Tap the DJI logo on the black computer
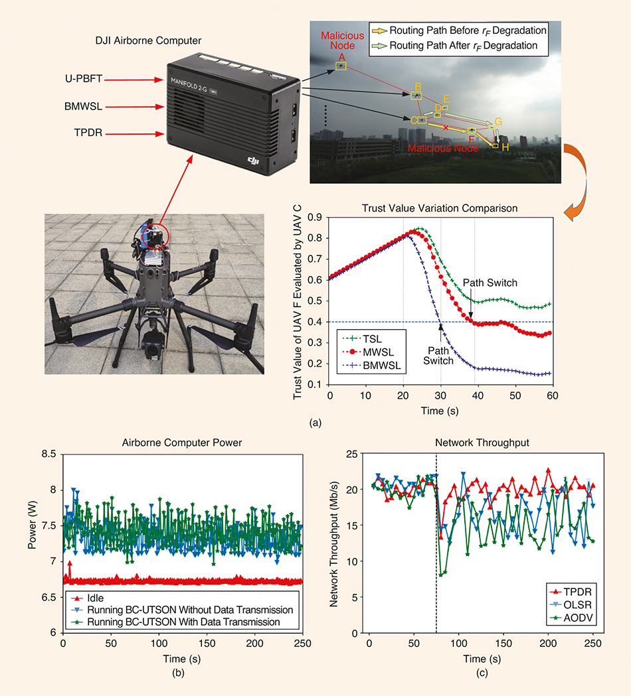pos(251,159)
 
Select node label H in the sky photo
pos(505,147)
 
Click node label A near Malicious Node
pos(341,58)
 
